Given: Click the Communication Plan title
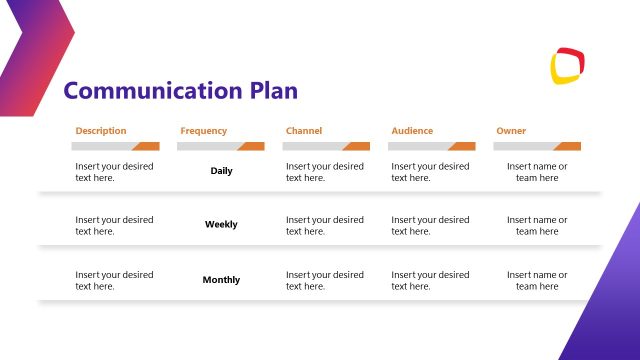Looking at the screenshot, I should (180, 92).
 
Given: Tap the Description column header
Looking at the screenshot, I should (100, 131).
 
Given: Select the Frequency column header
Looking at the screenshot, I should (203, 131).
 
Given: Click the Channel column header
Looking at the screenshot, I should (304, 131).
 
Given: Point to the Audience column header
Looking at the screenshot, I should (413, 131).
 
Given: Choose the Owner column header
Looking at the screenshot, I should (510, 131).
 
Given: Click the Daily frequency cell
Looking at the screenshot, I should (221, 171).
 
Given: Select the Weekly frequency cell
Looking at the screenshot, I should (221, 225).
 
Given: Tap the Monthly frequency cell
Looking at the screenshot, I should (221, 280).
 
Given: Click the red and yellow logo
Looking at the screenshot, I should (567, 65).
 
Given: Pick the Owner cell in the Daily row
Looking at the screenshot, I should (537, 172).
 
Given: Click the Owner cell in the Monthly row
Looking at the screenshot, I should (537, 280).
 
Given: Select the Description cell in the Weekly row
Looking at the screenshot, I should (114, 225).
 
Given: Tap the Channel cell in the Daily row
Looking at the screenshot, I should (325, 172).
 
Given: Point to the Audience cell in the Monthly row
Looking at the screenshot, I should (430, 280).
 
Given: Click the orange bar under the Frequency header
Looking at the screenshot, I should (250, 146).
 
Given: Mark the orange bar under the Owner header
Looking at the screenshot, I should (567, 146).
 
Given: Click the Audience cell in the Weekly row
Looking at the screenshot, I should (430, 225).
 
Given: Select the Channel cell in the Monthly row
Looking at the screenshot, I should (325, 280).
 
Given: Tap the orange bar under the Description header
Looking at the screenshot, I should (146, 146).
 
